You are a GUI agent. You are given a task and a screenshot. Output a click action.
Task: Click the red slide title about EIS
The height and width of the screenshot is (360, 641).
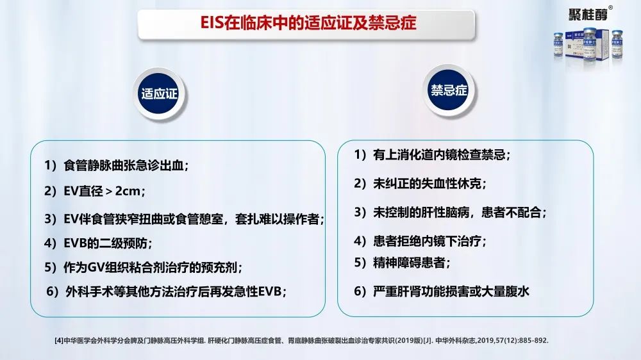tap(308, 23)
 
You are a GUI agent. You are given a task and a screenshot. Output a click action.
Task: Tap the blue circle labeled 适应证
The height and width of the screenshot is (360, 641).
tap(160, 94)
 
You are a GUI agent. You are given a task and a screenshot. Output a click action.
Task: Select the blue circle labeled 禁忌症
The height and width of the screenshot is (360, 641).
tap(449, 90)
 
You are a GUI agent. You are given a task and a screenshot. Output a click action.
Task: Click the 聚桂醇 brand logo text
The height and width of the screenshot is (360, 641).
tap(588, 15)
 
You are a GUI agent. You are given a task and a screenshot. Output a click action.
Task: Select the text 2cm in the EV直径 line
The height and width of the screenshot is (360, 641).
tap(128, 191)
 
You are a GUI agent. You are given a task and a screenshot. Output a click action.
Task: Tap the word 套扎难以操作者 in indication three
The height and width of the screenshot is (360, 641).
tap(277, 219)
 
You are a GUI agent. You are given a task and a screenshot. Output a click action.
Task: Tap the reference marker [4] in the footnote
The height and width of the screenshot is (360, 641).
tap(59, 340)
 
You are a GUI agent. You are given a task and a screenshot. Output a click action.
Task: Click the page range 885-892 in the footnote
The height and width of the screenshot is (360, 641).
tap(533, 340)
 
